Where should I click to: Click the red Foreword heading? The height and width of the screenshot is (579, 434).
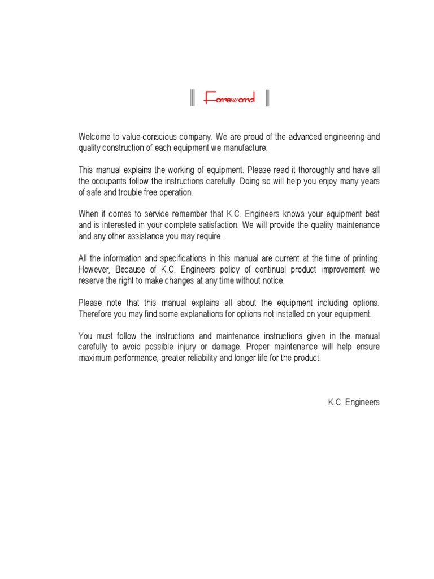(229, 100)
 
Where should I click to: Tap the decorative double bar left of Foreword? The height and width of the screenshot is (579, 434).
(192, 99)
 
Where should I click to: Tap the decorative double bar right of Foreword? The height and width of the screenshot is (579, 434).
(267, 99)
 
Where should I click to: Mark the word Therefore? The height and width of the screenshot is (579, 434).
(96, 314)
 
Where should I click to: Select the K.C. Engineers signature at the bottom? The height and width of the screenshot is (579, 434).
(354, 403)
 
